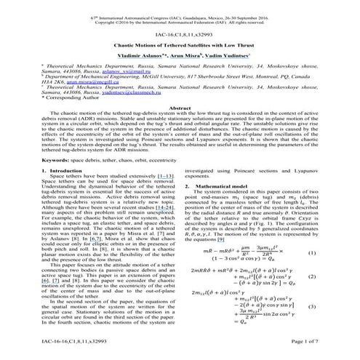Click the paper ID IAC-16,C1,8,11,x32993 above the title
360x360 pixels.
pyautogui.click(x=180, y=33)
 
